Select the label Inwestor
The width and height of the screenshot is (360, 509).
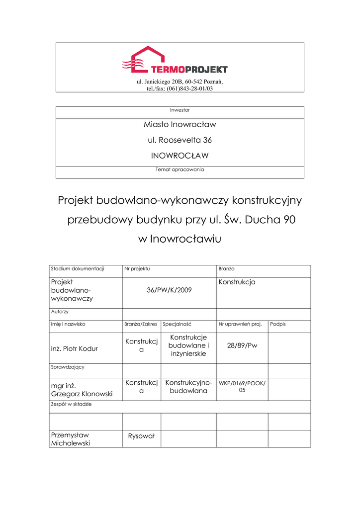180,110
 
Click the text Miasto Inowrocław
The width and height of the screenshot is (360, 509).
180,124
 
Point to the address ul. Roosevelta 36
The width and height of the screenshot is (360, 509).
180,140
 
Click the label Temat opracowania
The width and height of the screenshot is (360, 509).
180,170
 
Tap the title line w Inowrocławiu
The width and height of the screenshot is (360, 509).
179,239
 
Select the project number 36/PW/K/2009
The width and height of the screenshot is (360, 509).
169,290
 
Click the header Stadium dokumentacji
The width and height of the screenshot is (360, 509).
78,269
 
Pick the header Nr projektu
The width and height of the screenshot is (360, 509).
137,269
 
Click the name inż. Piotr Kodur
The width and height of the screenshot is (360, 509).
75,348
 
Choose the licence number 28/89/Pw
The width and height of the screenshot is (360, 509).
242,345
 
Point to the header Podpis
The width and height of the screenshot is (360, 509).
278,324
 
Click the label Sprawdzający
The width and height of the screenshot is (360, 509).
68,367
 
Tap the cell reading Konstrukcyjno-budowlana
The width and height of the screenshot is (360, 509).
188,387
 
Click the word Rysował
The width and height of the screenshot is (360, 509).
142,436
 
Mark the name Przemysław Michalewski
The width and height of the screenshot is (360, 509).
71,439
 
